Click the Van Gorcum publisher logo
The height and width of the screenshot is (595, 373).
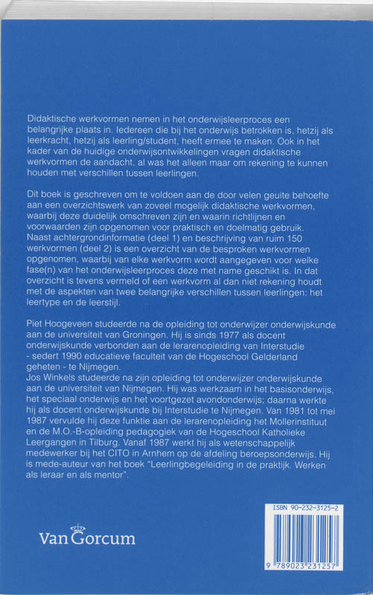[x=88, y=538]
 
